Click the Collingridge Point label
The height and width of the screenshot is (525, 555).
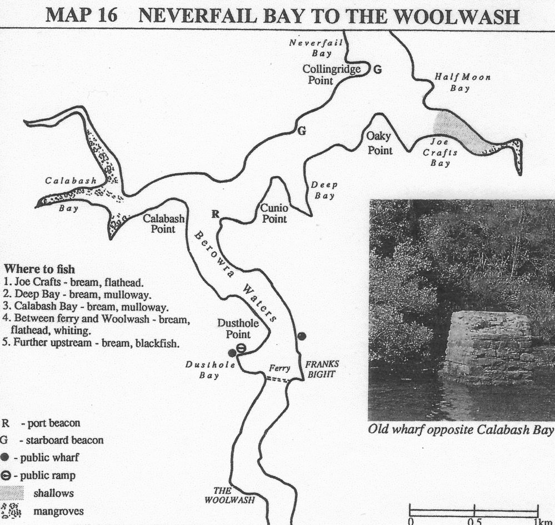[331, 74]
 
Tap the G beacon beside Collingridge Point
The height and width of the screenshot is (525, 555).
[378, 70]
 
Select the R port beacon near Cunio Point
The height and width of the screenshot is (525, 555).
[215, 214]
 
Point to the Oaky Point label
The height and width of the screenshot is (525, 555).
[379, 143]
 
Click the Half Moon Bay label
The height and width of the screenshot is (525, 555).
[462, 82]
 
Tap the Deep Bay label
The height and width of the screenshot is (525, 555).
[324, 190]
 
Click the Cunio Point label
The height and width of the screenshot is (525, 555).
[274, 213]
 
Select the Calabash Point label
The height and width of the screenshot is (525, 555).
[163, 223]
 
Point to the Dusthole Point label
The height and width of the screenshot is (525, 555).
[238, 328]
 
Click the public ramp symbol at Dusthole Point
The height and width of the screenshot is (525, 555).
[241, 348]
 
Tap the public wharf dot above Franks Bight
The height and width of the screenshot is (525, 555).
[302, 336]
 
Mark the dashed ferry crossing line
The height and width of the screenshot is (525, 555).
[278, 379]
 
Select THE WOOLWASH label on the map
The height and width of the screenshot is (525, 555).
[229, 495]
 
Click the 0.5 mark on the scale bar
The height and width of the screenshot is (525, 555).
[474, 521]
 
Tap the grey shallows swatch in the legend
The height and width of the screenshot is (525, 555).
[12, 493]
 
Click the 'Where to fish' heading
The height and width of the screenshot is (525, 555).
[39, 269]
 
